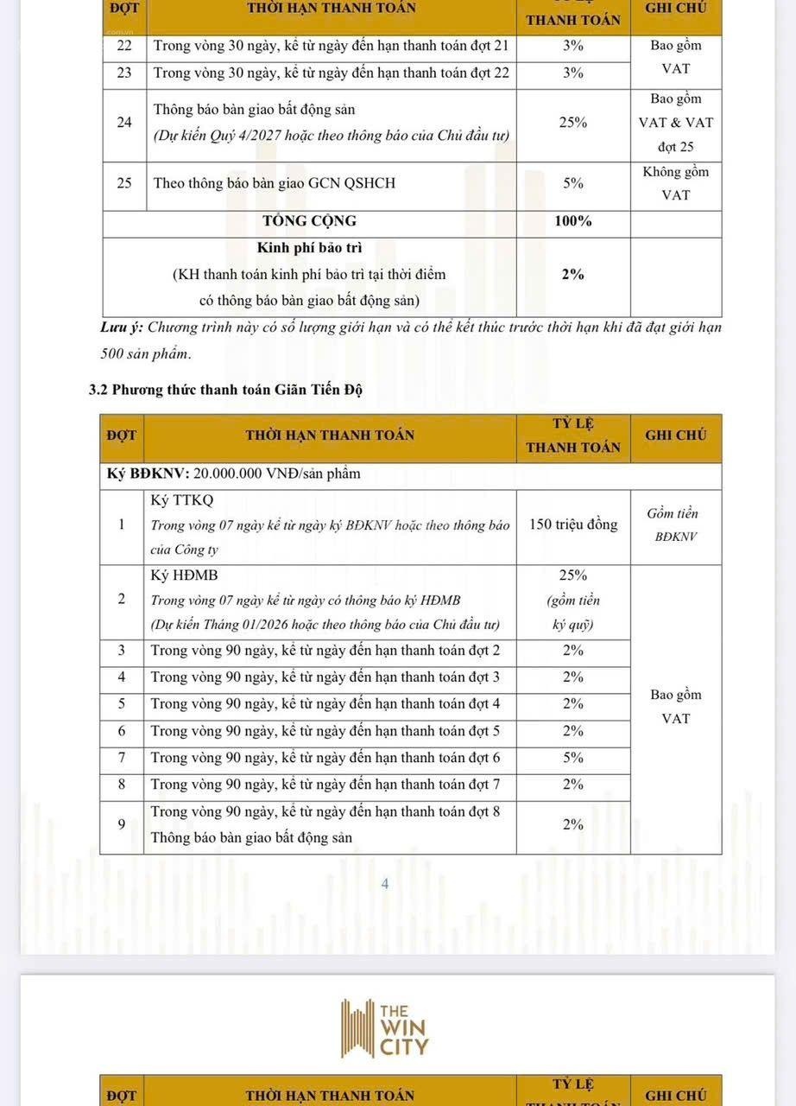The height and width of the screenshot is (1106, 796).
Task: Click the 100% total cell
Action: tap(572, 221)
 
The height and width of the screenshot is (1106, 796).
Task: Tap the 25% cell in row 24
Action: tap(572, 123)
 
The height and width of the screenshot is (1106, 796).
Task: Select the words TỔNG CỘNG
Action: tap(310, 221)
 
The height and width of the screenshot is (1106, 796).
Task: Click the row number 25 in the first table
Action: tap(124, 183)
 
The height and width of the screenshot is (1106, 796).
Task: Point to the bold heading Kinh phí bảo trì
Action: tap(309, 248)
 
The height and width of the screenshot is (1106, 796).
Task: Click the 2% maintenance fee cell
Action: tap(572, 275)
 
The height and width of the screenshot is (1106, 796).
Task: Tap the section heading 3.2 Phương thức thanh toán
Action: tap(225, 390)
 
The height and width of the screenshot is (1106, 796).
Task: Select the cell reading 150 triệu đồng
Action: tap(573, 524)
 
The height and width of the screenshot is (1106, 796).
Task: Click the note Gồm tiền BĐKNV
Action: tap(675, 524)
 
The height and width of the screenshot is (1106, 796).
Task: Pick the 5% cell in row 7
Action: tap(572, 758)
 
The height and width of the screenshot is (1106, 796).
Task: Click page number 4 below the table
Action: tap(386, 884)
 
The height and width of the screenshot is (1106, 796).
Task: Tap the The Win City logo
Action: tap(385, 1028)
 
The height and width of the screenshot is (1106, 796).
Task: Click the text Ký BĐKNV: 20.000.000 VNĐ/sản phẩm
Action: tap(233, 474)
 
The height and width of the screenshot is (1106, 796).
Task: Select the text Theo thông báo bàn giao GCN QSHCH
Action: tap(262, 183)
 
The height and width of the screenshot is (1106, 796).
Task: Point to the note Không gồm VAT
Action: tap(675, 183)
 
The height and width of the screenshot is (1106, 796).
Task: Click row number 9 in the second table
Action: tap(122, 825)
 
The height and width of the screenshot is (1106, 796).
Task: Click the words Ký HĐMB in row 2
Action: tap(184, 575)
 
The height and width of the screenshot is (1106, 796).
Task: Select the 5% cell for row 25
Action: tap(572, 183)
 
